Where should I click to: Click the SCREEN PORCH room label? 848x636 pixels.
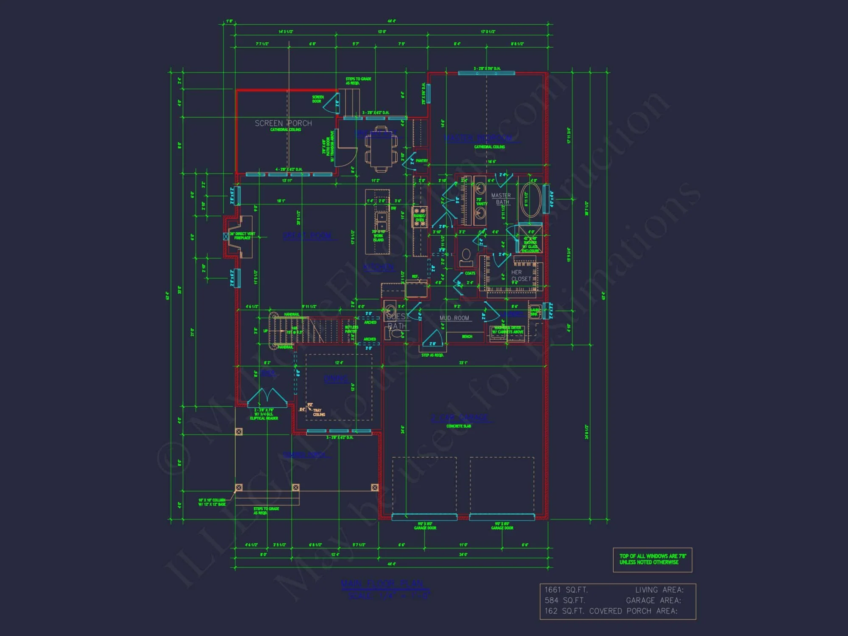[x=283, y=123]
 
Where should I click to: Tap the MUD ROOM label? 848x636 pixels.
[x=454, y=318]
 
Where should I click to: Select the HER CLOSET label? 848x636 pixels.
[x=521, y=276]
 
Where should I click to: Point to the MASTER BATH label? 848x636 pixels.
[x=501, y=198]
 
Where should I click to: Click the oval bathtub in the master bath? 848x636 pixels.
[x=530, y=200]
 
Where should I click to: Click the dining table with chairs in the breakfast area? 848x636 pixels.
[x=381, y=149]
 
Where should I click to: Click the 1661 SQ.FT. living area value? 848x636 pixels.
[x=566, y=590]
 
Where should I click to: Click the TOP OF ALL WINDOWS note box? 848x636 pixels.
[x=652, y=559]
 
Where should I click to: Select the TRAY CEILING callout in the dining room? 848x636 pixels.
[x=318, y=412]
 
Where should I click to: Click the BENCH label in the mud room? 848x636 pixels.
[x=467, y=337]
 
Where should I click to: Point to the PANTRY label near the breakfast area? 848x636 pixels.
[x=421, y=161]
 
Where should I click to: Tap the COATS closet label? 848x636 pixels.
[x=470, y=273]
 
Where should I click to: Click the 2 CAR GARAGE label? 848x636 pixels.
[x=460, y=418]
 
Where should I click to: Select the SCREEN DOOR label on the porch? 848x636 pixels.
[x=318, y=99]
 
